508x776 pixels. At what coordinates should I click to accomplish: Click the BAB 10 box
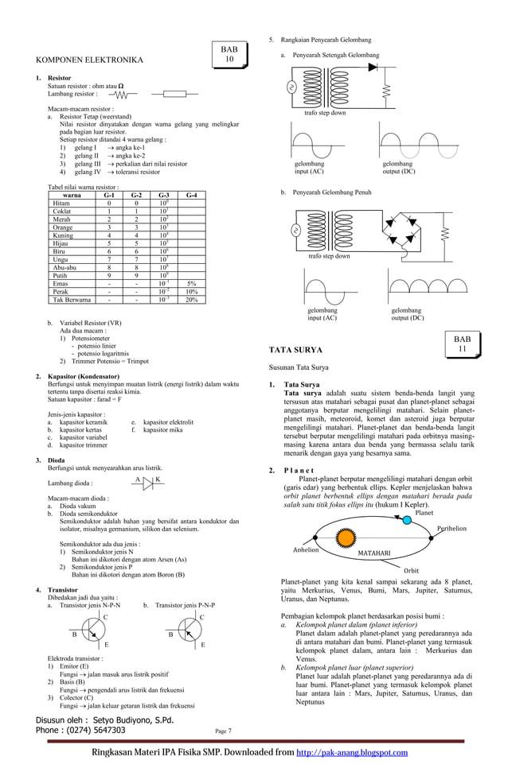click(x=229, y=54)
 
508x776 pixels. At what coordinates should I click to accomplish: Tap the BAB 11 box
click(x=462, y=343)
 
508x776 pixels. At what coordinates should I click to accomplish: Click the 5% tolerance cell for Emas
click(x=191, y=283)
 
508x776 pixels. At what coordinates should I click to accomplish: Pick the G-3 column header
click(x=163, y=195)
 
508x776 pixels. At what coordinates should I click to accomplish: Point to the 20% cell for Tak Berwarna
click(x=191, y=300)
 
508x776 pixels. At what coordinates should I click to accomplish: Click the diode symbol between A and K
click(x=148, y=483)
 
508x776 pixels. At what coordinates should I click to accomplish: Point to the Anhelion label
click(x=307, y=549)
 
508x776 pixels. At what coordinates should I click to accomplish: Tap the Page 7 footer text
click(x=223, y=731)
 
